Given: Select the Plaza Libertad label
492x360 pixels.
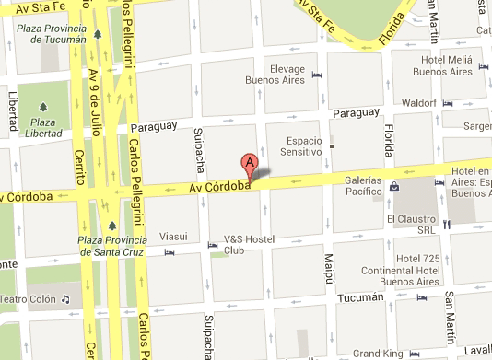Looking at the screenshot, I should (40, 129).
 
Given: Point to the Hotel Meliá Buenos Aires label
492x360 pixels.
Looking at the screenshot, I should (441, 64).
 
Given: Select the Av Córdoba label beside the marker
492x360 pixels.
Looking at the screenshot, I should (221, 188).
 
